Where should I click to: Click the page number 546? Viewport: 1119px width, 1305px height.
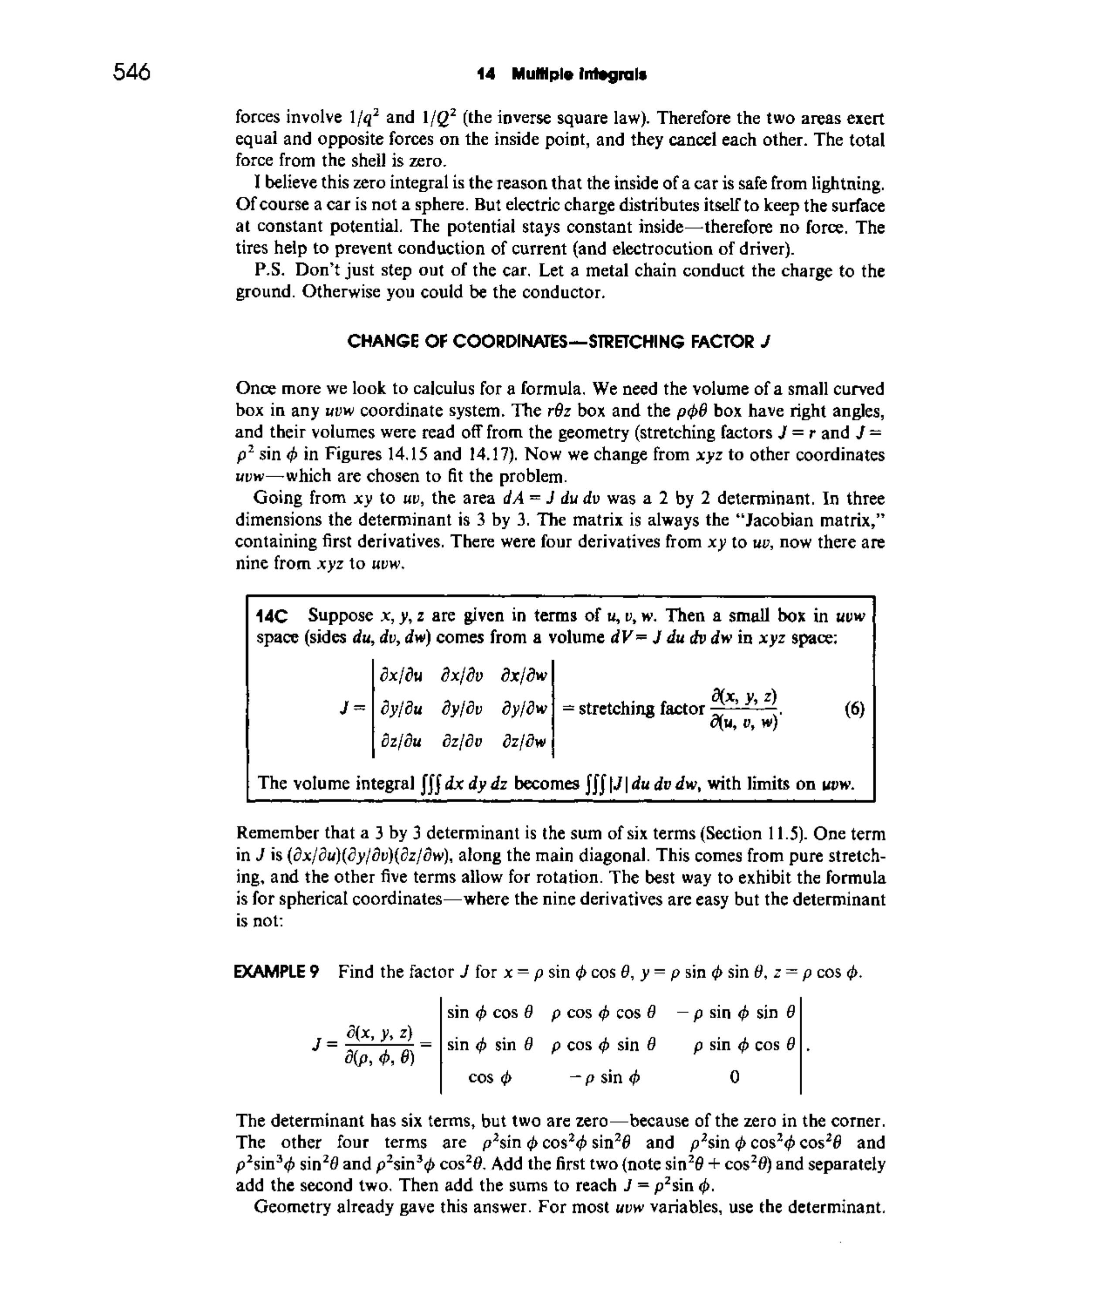click(x=132, y=72)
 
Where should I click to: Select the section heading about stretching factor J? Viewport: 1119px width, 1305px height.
click(x=559, y=342)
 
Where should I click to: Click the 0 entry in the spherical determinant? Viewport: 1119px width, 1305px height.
click(x=734, y=1077)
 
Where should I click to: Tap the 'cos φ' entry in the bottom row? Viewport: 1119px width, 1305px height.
click(x=490, y=1077)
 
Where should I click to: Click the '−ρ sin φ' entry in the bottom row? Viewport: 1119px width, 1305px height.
click(x=604, y=1077)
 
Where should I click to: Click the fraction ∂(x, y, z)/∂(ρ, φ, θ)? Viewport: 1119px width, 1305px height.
click(x=379, y=1045)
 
